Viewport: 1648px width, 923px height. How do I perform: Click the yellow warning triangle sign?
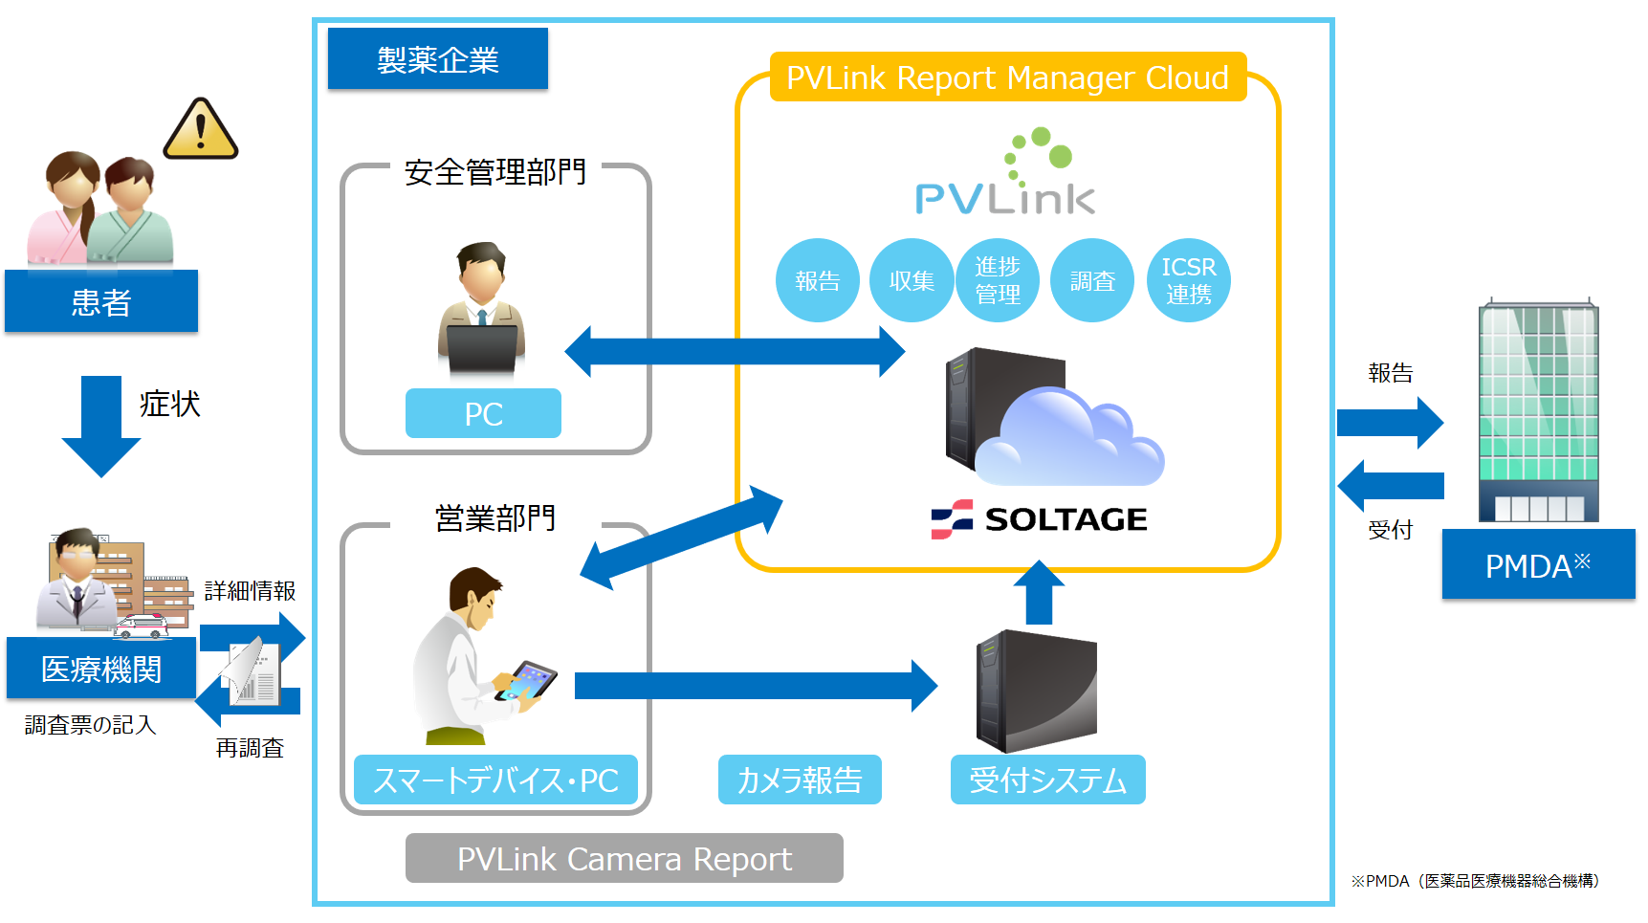200,131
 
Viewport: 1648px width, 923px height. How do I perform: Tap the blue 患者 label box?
101,301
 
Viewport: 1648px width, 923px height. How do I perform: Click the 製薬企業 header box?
437,59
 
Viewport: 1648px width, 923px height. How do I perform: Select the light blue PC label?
483,413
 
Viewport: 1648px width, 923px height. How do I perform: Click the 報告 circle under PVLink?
817,280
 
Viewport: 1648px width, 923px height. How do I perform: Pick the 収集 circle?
911,280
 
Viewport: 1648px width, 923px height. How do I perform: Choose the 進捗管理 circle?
997,280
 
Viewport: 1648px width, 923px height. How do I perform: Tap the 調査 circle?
1092,280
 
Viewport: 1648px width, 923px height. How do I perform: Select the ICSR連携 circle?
1188,280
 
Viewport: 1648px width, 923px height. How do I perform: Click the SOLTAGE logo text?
1066,519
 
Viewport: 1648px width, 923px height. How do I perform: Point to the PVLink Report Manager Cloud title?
1007,77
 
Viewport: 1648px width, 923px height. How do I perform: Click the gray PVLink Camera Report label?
624,858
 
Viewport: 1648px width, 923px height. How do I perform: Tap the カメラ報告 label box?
800,780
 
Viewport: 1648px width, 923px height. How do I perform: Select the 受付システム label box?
1047,780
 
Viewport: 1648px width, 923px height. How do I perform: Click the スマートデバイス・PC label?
495,780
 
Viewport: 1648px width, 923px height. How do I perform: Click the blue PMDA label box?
1538,565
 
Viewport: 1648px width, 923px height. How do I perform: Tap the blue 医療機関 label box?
101,669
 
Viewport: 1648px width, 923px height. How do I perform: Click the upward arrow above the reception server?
1038,593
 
